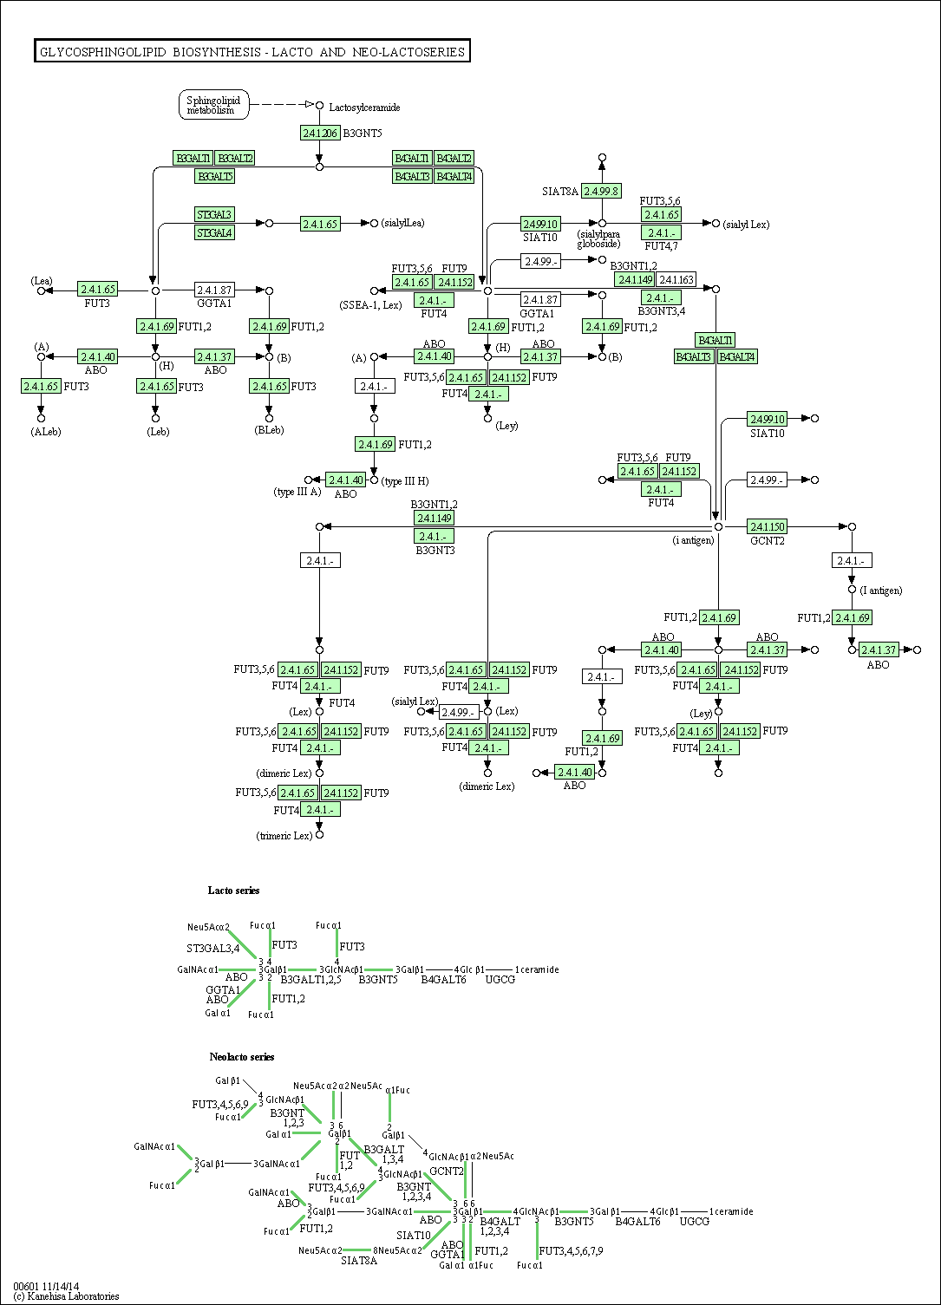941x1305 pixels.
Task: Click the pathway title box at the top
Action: [252, 52]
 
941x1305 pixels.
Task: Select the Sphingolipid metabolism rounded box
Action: [213, 105]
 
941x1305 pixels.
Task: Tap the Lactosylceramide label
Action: [364, 108]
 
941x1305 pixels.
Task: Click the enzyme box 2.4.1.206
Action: [319, 133]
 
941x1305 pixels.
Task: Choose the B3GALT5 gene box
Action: [215, 176]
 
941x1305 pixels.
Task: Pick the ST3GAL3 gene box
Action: [214, 214]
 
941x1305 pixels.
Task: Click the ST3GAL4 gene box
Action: [214, 232]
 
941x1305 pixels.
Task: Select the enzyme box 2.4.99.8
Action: [601, 191]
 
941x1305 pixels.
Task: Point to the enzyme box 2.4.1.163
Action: [676, 279]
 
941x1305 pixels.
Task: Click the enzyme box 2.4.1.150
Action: [767, 526]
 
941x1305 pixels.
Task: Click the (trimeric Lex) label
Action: [284, 836]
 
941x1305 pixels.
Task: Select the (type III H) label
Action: [405, 481]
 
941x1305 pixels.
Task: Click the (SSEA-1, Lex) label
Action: [370, 305]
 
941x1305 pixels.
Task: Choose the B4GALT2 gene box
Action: [454, 158]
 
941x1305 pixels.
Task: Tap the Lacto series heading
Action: [233, 891]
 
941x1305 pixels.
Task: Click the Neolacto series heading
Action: [241, 1057]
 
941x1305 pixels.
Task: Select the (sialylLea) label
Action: [402, 223]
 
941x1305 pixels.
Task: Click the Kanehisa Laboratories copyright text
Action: [66, 1296]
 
